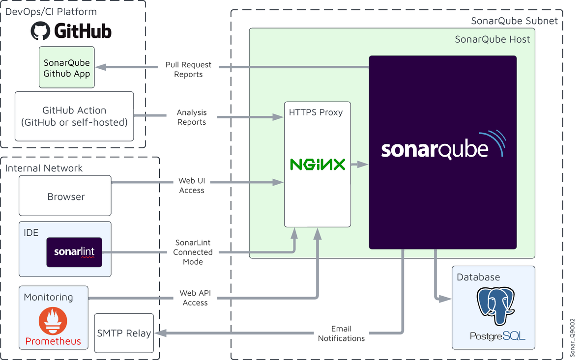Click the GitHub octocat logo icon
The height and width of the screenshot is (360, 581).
pyautogui.click(x=41, y=31)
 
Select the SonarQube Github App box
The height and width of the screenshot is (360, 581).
pyautogui.click(x=67, y=68)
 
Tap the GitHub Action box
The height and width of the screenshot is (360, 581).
pyautogui.click(x=74, y=116)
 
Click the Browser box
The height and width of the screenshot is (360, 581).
pyautogui.click(x=65, y=196)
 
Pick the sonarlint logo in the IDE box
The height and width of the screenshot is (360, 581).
pyautogui.click(x=74, y=252)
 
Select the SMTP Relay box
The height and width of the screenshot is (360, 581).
pyautogui.click(x=124, y=333)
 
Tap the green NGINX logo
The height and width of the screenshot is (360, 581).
pyautogui.click(x=318, y=164)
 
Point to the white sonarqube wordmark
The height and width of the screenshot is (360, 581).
pyautogui.click(x=435, y=149)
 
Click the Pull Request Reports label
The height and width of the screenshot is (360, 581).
pyautogui.click(x=188, y=69)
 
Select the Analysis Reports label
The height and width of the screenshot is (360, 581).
pyautogui.click(x=192, y=117)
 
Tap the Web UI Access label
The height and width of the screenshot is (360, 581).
pyautogui.click(x=192, y=185)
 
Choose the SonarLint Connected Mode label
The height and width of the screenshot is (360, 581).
pyautogui.click(x=193, y=252)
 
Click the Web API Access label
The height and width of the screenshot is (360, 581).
pyautogui.click(x=195, y=298)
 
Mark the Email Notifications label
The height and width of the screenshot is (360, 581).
pyautogui.click(x=341, y=333)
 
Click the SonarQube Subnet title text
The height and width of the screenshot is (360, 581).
pyautogui.click(x=514, y=21)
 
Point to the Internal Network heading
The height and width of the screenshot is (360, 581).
pyautogui.click(x=44, y=168)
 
